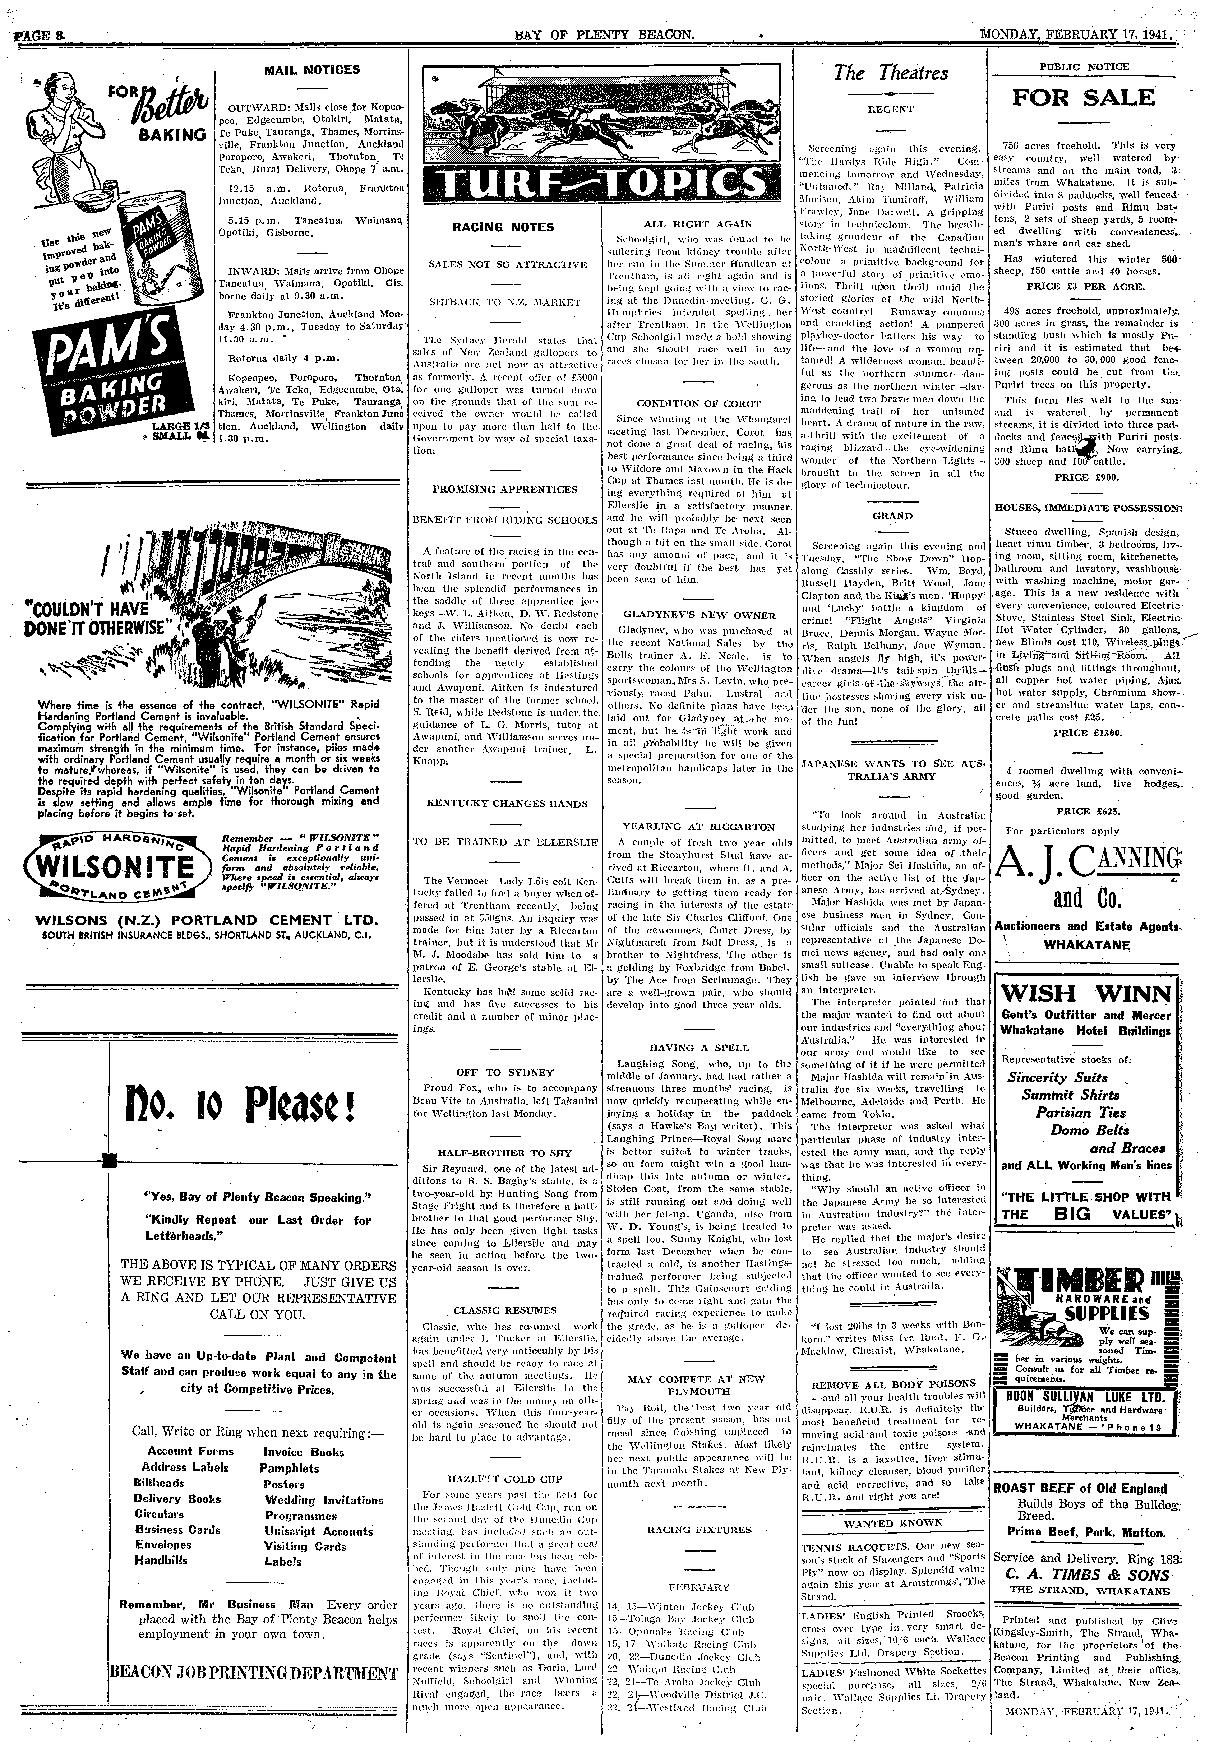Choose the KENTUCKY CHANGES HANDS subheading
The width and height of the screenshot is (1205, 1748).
(507, 804)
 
